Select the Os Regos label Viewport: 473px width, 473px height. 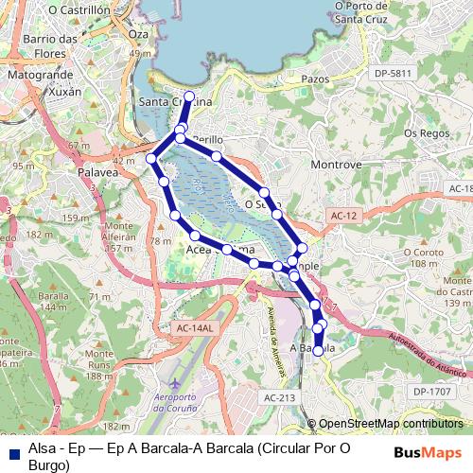tap(423, 133)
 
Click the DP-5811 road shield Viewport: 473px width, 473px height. tap(394, 73)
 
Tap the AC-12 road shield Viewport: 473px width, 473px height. tap(344, 217)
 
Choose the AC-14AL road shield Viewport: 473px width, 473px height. tap(196, 327)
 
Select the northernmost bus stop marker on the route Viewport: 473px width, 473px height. tap(189, 96)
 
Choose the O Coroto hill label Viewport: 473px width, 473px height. tap(422, 253)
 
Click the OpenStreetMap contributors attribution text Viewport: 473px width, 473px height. tap(391, 425)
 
